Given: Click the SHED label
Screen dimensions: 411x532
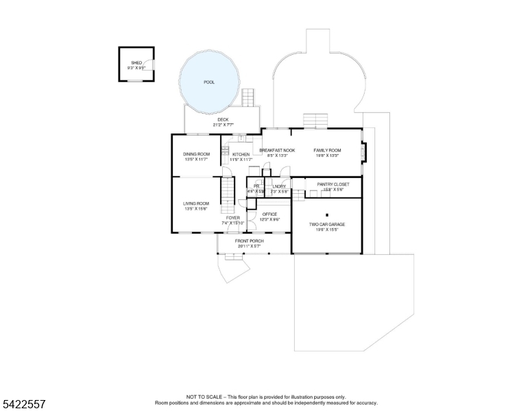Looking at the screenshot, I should (136, 62).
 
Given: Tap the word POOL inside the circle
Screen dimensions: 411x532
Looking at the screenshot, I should (209, 82).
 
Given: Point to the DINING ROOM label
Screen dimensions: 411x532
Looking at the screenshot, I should (196, 154).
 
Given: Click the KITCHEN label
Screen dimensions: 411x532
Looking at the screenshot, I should (241, 155).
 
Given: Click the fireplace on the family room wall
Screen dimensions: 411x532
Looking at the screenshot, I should (363, 152).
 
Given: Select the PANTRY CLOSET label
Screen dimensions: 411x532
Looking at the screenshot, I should (332, 184).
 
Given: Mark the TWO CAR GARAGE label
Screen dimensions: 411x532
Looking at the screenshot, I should (326, 224).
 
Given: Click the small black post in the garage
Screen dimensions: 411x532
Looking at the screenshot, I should (328, 214).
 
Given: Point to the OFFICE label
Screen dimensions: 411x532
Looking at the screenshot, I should (270, 214).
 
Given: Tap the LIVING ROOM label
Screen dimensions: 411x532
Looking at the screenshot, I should (196, 203).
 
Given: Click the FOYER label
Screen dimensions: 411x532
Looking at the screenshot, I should (233, 218).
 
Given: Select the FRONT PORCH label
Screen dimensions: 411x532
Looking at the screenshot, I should (250, 241).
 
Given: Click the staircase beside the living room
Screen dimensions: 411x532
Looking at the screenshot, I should (227, 195).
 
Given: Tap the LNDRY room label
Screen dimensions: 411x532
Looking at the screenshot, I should (278, 186).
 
